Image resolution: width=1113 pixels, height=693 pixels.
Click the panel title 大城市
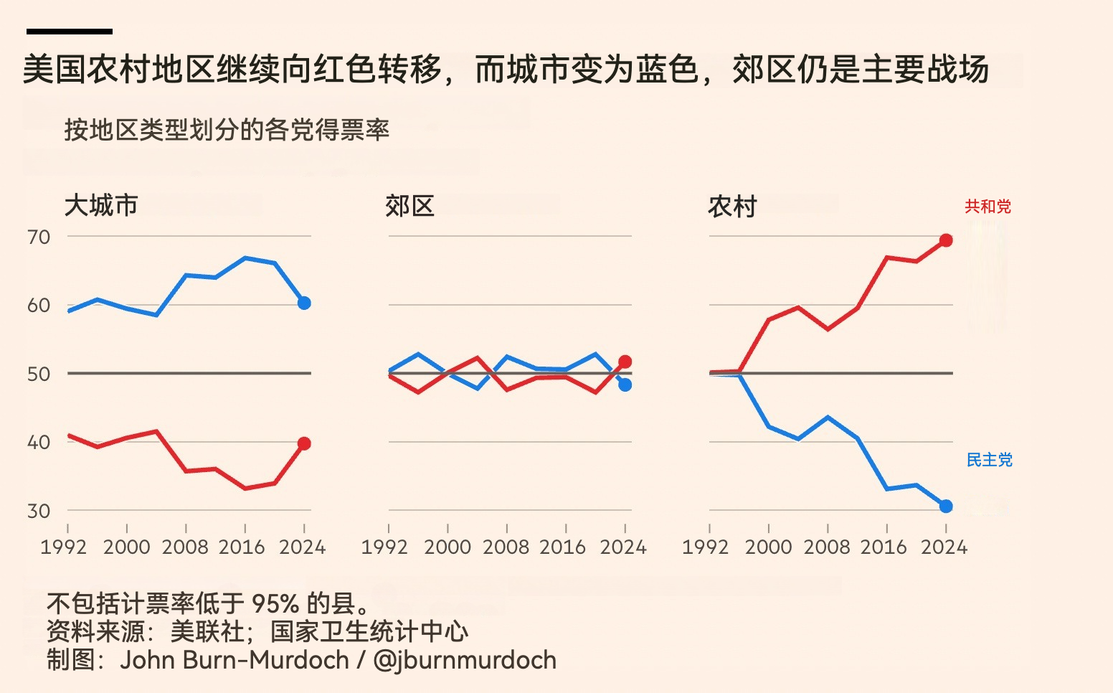click(101, 206)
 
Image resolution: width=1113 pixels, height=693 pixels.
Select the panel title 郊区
click(409, 207)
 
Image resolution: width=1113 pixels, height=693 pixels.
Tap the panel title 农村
click(732, 207)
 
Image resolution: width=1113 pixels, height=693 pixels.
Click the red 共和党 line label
click(988, 207)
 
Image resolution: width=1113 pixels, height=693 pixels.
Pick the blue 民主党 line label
click(990, 460)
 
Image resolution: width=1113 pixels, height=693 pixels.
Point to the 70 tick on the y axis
click(39, 237)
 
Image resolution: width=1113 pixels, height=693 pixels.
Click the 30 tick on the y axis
click(39, 511)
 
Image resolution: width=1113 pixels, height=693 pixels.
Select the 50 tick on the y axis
click(39, 374)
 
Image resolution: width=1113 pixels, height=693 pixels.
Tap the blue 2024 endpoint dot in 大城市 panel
click(304, 303)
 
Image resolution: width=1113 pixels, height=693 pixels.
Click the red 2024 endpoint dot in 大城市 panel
click(304, 444)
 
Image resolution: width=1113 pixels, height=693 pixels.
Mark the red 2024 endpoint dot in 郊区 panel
click(625, 362)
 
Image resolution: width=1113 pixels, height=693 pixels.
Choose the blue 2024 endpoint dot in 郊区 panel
click(625, 385)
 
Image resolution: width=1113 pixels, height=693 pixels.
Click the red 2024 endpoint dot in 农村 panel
click(946, 240)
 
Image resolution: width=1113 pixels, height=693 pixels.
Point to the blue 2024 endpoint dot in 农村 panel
click(946, 506)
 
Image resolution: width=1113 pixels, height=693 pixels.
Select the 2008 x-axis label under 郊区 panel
click(506, 547)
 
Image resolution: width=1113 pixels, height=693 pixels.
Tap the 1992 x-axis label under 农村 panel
click(706, 547)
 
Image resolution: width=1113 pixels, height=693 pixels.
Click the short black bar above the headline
click(69, 32)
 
